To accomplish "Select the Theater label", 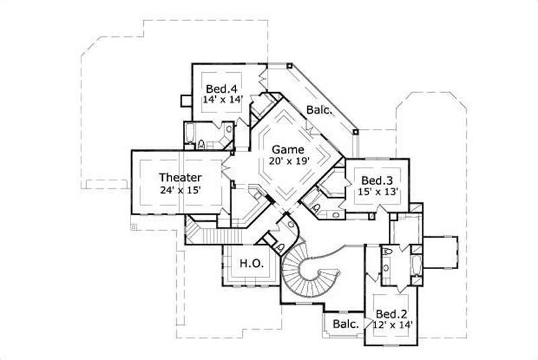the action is (x=180, y=178).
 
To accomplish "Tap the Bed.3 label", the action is (x=377, y=180).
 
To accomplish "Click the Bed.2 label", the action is (x=391, y=314).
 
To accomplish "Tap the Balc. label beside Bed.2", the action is (x=344, y=324).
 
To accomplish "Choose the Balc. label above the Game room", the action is (x=318, y=110).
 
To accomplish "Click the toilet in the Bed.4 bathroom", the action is (x=202, y=143).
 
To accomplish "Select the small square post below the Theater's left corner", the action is (x=134, y=227).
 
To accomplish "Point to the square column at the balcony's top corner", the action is (x=289, y=67).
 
